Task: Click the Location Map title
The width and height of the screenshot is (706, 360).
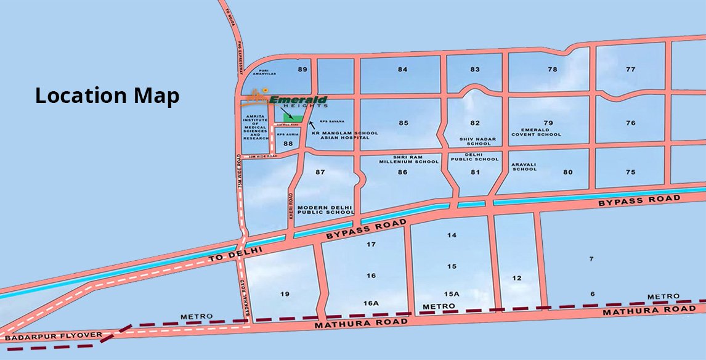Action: click(107, 96)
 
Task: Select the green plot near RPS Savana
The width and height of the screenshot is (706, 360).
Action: click(293, 117)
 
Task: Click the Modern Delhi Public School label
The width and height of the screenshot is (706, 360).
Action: click(325, 210)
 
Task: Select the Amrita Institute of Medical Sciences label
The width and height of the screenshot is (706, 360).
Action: click(255, 127)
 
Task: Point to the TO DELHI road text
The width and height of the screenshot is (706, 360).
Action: click(235, 254)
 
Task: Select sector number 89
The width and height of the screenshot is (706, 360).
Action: click(302, 69)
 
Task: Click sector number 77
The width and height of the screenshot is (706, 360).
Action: click(630, 69)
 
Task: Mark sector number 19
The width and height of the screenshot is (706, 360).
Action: click(284, 293)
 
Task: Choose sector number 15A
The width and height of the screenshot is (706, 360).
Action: click(452, 294)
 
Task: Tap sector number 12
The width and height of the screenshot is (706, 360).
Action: click(516, 278)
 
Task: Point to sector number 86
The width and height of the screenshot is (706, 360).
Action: click(403, 172)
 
